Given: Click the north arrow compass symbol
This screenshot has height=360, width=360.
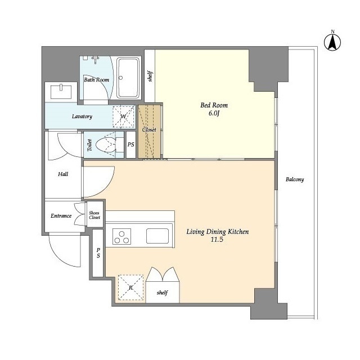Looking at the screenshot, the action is (332, 42).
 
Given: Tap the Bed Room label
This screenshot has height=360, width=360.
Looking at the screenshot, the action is (214, 105).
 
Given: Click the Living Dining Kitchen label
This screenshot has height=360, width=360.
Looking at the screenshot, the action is (218, 232).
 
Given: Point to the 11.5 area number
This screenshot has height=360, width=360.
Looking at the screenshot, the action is (217, 240).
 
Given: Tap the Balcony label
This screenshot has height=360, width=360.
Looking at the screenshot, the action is (295, 179).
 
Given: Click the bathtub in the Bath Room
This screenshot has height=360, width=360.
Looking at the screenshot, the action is (128, 78).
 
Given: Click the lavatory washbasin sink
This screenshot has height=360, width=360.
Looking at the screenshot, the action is (61, 92).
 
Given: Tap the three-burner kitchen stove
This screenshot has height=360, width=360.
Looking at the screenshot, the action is (121, 236).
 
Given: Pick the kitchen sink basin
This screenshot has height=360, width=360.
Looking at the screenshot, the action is (157, 236).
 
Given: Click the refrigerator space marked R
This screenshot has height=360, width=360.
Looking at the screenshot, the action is (130, 287).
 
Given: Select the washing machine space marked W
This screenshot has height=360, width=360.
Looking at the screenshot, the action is (124, 116).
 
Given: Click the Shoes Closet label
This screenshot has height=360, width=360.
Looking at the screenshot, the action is (94, 215).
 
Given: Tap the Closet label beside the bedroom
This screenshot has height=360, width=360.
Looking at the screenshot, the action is (149, 130).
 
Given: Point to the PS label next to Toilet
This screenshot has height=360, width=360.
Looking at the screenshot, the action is (131, 145).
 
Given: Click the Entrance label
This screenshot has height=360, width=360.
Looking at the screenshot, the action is (61, 216).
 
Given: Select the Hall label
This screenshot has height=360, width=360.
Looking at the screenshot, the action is (63, 174).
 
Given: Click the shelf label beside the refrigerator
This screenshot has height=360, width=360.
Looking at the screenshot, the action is (163, 292).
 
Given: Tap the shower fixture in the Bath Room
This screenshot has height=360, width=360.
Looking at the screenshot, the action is (95, 59).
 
